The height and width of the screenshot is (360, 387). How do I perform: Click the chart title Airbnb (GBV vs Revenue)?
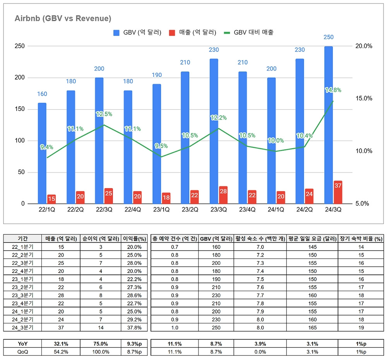click(63, 18)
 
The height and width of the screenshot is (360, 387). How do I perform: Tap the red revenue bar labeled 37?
click(338, 192)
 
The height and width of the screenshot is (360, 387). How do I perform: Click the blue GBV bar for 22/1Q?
click(42, 153)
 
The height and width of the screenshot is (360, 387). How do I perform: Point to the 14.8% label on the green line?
click(333, 90)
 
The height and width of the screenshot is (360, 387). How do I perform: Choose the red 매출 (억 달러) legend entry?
click(192, 32)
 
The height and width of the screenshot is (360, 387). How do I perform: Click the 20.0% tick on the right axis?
click(363, 46)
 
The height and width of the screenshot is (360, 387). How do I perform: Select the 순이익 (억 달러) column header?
click(99, 239)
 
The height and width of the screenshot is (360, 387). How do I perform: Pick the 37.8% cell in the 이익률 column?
click(134, 328)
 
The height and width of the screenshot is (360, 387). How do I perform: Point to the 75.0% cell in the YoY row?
click(99, 343)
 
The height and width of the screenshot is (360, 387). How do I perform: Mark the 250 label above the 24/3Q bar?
click(328, 37)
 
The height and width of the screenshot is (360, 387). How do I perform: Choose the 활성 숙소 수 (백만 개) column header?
click(260, 239)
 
